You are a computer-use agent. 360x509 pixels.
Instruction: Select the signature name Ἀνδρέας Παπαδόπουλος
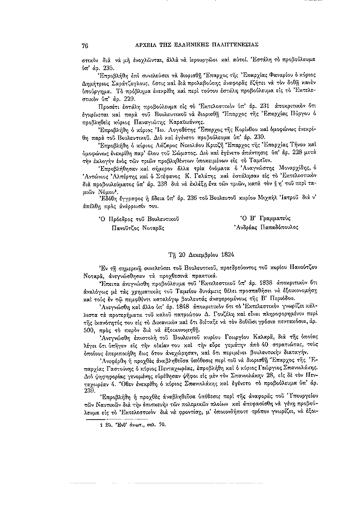[x=266, y=226]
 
